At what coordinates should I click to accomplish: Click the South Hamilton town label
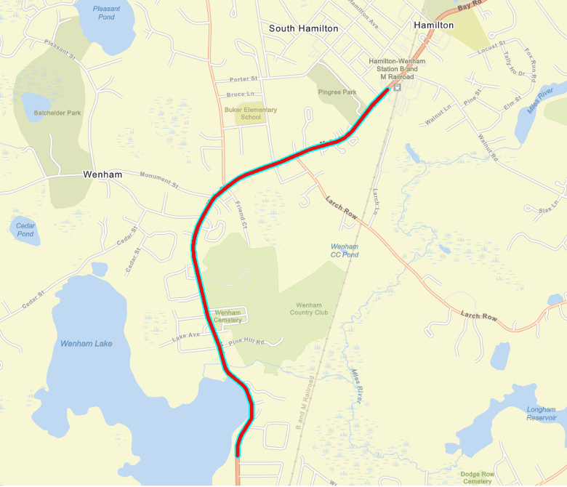(303, 28)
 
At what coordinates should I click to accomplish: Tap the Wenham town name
(102, 175)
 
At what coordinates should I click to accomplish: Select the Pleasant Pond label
(107, 12)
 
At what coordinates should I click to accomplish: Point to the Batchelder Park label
(57, 113)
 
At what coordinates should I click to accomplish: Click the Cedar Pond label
(25, 230)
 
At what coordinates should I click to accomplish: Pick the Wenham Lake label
(87, 343)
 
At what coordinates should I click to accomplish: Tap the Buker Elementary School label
(251, 113)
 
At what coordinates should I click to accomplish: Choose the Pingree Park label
(337, 92)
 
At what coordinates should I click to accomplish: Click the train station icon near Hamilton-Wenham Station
(397, 87)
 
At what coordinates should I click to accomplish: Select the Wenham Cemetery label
(228, 316)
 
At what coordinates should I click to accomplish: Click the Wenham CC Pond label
(345, 251)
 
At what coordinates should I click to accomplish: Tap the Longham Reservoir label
(542, 414)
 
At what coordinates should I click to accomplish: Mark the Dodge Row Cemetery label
(477, 478)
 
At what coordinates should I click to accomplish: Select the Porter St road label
(244, 79)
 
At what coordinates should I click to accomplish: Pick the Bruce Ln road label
(240, 94)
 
